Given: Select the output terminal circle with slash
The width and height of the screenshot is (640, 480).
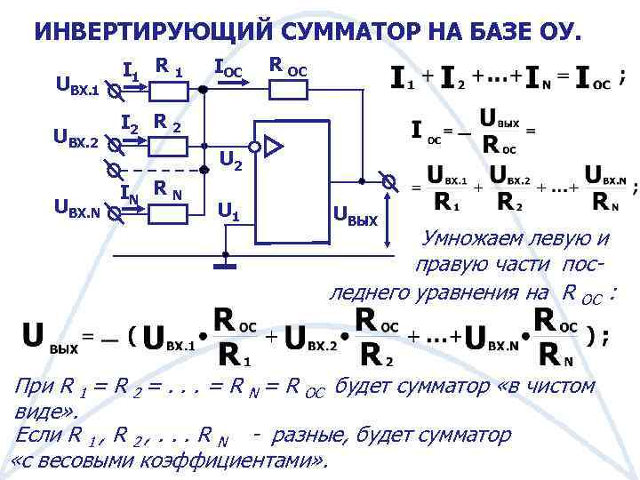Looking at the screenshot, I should click(x=388, y=181).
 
